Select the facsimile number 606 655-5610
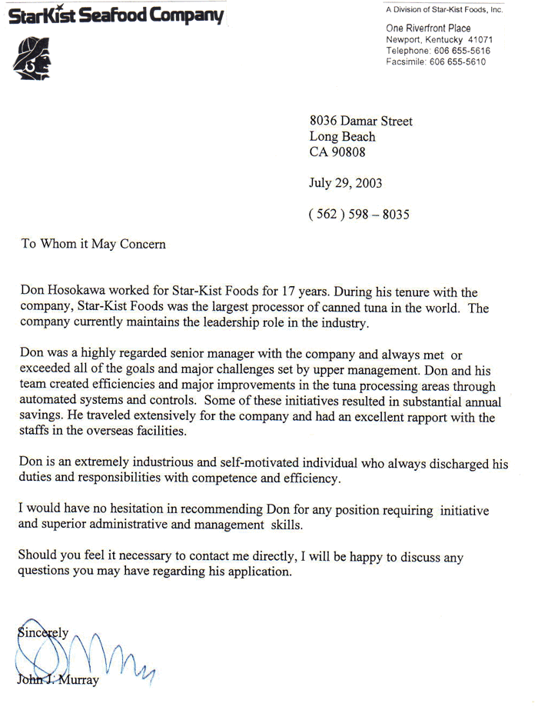point(458,62)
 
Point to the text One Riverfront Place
point(428,28)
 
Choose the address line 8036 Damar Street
point(360,121)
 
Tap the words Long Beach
point(342,137)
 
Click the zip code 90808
point(347,152)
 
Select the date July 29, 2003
point(345,183)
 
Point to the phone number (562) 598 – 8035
point(359,215)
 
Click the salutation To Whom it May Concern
point(93,245)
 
